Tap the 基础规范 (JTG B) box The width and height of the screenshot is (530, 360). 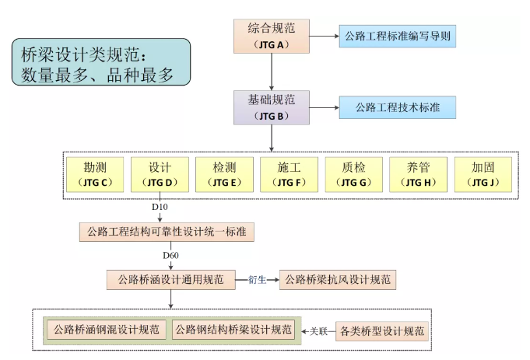click(271, 107)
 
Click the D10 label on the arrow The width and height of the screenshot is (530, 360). click(160, 208)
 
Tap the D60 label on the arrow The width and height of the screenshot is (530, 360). click(172, 256)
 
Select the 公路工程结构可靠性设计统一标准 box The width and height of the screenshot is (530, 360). click(167, 232)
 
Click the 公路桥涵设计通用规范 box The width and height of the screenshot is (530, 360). click(170, 279)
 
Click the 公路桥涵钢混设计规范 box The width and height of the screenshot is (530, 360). click(106, 330)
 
